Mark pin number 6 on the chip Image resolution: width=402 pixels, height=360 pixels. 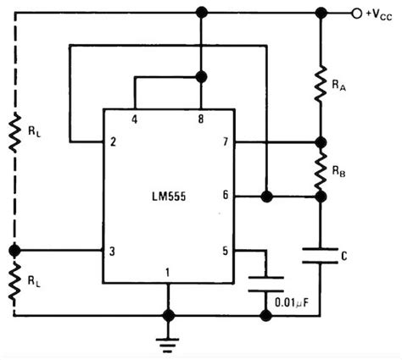224,196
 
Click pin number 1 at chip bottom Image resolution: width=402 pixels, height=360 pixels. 168,273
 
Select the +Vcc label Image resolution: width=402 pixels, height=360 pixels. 379,14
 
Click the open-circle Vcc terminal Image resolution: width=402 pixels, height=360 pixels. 356,13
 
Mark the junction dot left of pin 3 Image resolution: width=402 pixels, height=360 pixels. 14,250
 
